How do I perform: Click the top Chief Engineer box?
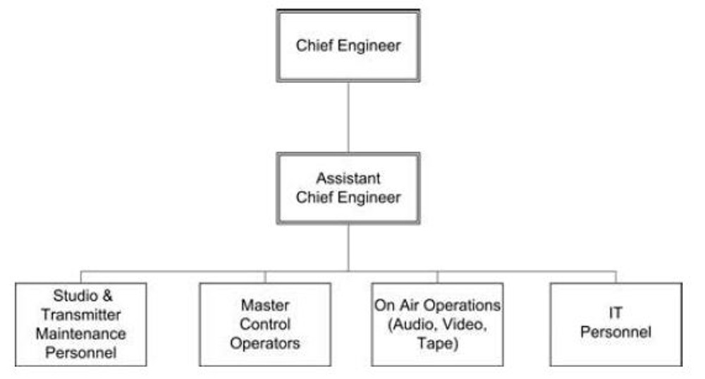click(x=348, y=46)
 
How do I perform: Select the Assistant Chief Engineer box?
click(x=348, y=188)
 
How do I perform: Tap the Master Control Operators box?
click(x=265, y=324)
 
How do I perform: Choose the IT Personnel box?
click(x=616, y=324)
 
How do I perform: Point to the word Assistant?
click(x=348, y=178)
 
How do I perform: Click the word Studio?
click(x=75, y=295)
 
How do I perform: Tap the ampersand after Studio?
click(x=107, y=295)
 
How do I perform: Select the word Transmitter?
click(x=81, y=314)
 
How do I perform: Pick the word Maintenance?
click(x=81, y=334)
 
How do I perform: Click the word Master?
click(x=265, y=305)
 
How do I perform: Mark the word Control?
click(x=265, y=324)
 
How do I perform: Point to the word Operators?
click(x=265, y=343)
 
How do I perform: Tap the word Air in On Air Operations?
click(x=410, y=305)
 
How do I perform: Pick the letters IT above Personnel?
click(x=615, y=313)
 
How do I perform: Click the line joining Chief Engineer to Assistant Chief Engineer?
click(x=348, y=117)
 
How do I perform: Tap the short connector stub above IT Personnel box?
click(x=616, y=277)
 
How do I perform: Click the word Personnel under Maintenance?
click(x=81, y=352)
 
